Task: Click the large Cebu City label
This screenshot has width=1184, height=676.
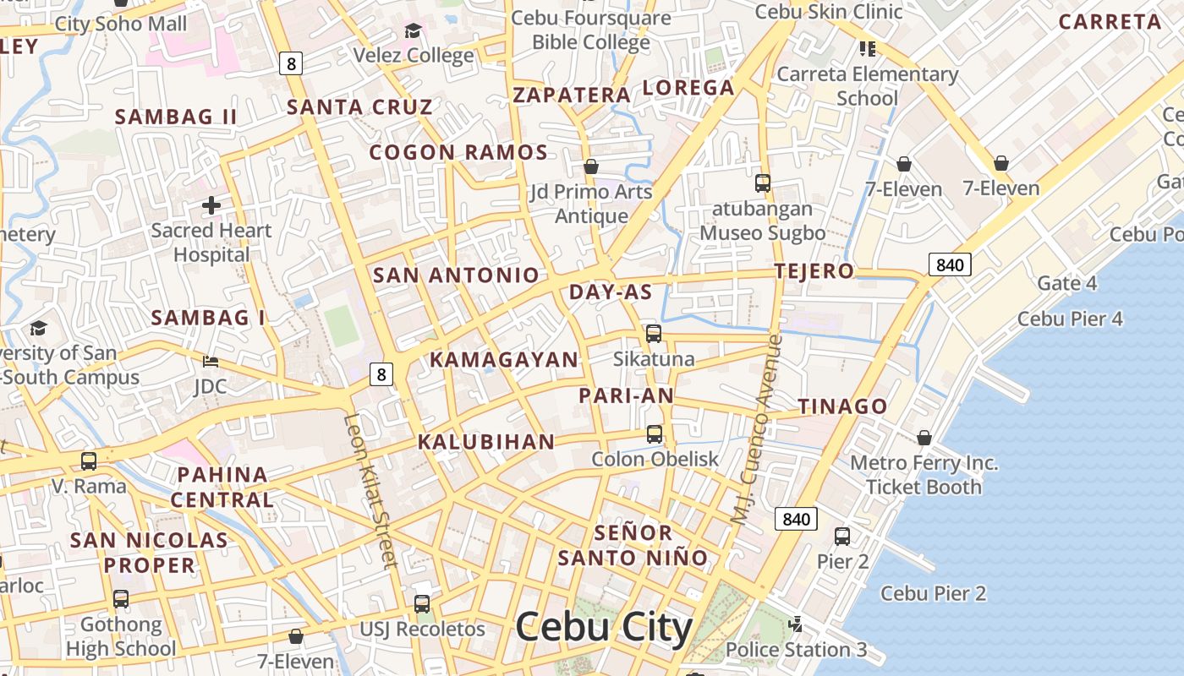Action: (603, 628)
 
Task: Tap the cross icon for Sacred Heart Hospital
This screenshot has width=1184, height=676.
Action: (211, 204)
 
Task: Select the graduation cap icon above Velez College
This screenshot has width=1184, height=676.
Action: (413, 31)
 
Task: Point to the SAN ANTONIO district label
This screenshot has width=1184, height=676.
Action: (456, 275)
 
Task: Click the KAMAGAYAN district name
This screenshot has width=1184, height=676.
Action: (503, 359)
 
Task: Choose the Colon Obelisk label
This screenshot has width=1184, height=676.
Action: (655, 459)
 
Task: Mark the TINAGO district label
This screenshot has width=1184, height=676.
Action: (842, 406)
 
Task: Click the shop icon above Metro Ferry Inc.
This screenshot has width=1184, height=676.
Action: (924, 438)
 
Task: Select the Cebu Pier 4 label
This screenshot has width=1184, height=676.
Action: (1070, 319)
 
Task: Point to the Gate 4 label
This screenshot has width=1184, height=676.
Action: (1066, 283)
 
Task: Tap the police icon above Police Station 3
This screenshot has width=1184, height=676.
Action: (795, 624)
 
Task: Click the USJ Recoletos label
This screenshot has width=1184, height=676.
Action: (423, 629)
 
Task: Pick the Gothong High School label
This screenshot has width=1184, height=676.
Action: (121, 636)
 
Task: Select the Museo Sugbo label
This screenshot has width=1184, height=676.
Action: (762, 232)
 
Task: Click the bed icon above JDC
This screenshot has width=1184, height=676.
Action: (211, 362)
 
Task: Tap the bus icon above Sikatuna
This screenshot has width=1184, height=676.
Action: (654, 334)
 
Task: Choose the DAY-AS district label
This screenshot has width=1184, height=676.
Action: (611, 292)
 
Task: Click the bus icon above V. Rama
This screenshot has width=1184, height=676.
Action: (89, 461)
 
